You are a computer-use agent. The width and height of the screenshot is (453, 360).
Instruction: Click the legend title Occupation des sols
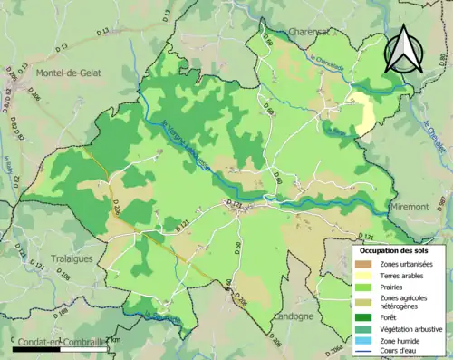[x=396, y=248]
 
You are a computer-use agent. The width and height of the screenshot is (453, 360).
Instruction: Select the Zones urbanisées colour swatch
[x=365, y=263]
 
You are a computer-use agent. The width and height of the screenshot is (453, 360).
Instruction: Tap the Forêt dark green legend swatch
[x=365, y=316]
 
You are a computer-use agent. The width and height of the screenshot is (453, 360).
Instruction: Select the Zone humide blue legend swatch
[x=365, y=340]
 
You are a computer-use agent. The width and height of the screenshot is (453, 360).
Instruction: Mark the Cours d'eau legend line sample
[x=365, y=352]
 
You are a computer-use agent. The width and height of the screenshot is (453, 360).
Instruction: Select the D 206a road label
[x=333, y=350]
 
